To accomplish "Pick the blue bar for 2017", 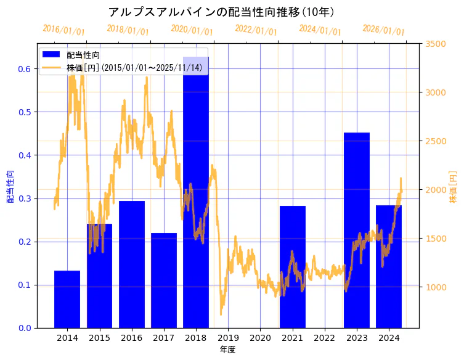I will pyautogui.click(x=164, y=280).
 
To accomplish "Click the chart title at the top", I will pyautogui.click(x=221, y=12).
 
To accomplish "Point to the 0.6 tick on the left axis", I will pyautogui.click(x=24, y=69).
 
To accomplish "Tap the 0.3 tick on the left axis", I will pyautogui.click(x=24, y=198).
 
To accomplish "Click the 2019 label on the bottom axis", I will pyautogui.click(x=228, y=338).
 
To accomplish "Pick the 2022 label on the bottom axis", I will pyautogui.click(x=325, y=338).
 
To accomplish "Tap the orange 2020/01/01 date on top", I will pyautogui.click(x=192, y=30).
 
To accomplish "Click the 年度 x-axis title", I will pyautogui.click(x=227, y=350).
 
